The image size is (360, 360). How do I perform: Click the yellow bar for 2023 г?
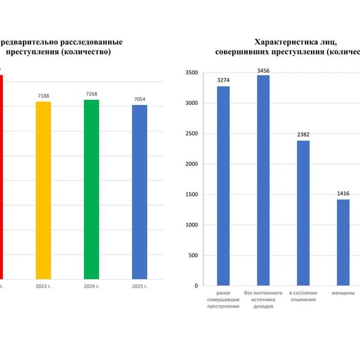(x=43, y=190)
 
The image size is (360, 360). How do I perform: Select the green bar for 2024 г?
(x=91, y=189)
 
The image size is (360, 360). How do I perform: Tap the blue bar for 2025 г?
(x=139, y=192)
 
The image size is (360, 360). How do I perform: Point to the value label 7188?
(x=43, y=95)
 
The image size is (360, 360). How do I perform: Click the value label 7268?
(x=91, y=94)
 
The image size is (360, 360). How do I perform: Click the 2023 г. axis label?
(x=43, y=286)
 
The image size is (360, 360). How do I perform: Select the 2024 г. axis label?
(x=91, y=286)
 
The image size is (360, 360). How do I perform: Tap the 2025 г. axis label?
(x=139, y=286)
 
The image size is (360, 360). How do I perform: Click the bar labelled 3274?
(x=223, y=186)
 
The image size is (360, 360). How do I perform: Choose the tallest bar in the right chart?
(x=263, y=180)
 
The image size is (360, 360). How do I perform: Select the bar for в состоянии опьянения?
(x=303, y=213)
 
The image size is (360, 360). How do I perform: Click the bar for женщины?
(x=343, y=242)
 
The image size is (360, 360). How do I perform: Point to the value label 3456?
(x=263, y=70)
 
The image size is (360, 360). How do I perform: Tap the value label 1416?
(x=343, y=194)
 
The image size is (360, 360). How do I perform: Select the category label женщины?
(x=343, y=293)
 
